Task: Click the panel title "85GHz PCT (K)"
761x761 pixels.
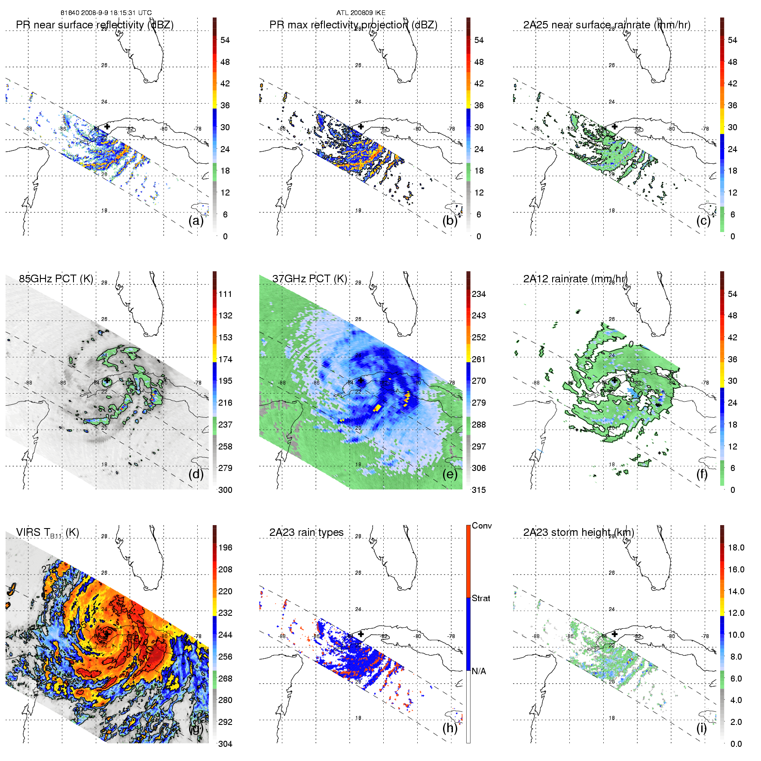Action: click(x=56, y=279)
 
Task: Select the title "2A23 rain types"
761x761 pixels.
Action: click(x=306, y=532)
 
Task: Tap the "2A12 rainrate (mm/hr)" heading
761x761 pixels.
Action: click(x=575, y=279)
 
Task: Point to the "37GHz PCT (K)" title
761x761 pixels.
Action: click(x=309, y=279)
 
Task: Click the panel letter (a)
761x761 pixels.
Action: click(x=196, y=221)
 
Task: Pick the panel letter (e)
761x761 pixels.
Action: click(x=450, y=474)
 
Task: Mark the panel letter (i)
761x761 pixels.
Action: click(x=701, y=728)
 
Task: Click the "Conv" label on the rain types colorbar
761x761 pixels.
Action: click(x=482, y=526)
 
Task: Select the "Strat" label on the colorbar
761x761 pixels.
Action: click(x=481, y=598)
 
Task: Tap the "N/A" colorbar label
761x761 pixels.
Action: click(x=479, y=671)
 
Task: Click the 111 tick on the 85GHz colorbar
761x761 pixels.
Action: click(x=225, y=294)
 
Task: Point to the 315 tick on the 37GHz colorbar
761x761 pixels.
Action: click(x=479, y=490)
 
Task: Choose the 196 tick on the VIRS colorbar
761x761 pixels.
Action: click(x=225, y=547)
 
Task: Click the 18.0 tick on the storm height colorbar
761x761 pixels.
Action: click(x=736, y=547)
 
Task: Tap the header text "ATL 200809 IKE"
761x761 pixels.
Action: click(x=361, y=13)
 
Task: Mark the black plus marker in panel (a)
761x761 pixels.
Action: click(x=107, y=126)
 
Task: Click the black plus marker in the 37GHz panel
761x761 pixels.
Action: click(x=361, y=380)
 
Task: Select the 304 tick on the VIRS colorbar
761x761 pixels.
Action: click(x=225, y=744)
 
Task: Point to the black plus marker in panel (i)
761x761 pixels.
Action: click(x=614, y=634)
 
